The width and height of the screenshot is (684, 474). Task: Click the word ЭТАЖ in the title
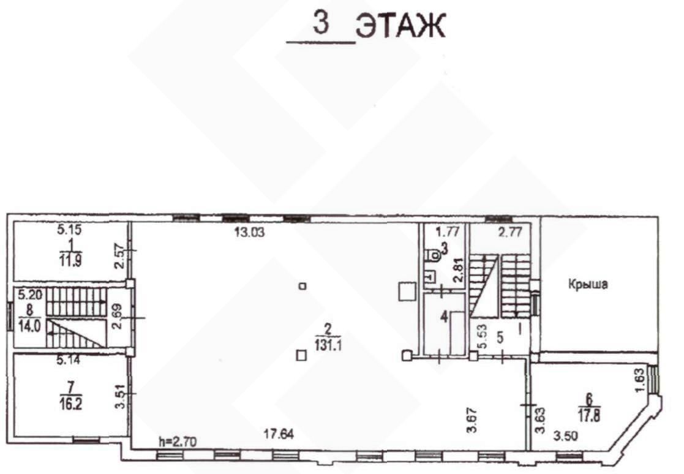click(401, 26)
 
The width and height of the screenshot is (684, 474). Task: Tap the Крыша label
click(588, 284)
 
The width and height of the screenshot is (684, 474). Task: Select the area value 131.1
click(328, 345)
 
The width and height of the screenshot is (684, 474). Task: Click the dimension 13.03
click(249, 232)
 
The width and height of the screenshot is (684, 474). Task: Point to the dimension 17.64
click(279, 434)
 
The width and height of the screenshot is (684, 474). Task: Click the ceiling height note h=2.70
click(178, 442)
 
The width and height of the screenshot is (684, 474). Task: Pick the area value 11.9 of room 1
click(70, 260)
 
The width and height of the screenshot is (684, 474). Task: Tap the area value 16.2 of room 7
click(70, 404)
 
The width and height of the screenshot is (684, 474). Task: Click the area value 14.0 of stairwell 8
click(29, 326)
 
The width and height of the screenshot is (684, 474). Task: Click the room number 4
click(444, 316)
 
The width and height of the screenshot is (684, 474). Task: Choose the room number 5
click(500, 337)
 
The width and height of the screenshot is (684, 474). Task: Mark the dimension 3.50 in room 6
click(565, 435)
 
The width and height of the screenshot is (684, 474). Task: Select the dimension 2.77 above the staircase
click(510, 231)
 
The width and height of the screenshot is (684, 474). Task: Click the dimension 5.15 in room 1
click(69, 229)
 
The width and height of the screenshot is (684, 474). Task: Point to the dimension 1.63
click(640, 380)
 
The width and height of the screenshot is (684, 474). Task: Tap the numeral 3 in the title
click(321, 23)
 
